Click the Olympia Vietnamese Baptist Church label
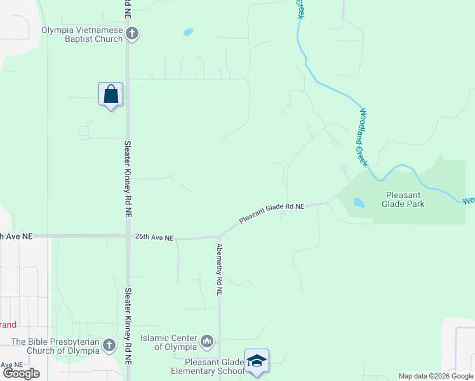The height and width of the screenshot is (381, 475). (82, 34)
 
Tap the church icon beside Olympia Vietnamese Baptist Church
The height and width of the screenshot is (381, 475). (132, 34)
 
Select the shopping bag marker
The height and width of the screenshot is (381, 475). (111, 95)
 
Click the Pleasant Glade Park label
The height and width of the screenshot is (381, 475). (403, 199)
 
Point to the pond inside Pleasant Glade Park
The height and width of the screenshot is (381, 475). (359, 203)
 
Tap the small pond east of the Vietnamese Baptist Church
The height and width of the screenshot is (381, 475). (188, 31)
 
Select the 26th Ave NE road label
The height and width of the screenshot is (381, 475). (154, 237)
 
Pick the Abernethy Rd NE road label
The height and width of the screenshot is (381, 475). (220, 269)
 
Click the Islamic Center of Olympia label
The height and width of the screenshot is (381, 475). (168, 343)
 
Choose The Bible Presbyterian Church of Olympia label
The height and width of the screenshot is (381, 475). (56, 346)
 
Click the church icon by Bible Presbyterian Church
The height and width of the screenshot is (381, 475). (109, 346)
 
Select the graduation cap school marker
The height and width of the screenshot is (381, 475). (257, 361)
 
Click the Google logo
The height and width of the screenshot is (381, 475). (21, 373)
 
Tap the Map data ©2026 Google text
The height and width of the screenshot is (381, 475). (436, 377)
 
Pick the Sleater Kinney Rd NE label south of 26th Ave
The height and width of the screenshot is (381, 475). (128, 325)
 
